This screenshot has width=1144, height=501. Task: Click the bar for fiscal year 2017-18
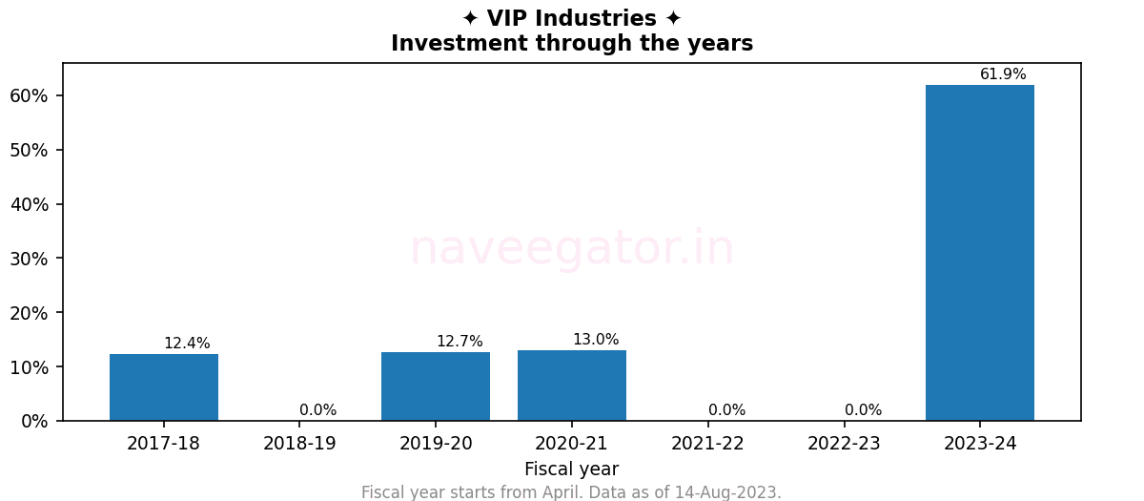tap(164, 387)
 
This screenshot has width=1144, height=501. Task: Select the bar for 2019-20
tap(436, 386)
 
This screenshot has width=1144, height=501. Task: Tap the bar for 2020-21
tap(572, 386)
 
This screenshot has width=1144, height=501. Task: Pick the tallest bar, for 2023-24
tap(980, 253)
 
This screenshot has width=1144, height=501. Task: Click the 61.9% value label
tap(1003, 74)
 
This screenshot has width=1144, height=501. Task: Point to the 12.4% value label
tap(187, 344)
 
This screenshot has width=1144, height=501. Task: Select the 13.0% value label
tap(596, 340)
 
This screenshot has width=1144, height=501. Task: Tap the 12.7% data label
tap(460, 342)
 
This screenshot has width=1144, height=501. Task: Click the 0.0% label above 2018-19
tap(317, 410)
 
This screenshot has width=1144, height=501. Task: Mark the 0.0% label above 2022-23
tap(863, 410)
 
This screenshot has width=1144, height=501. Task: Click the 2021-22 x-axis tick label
tap(707, 444)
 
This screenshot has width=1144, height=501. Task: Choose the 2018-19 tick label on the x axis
tap(299, 444)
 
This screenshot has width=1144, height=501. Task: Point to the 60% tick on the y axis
tap(29, 95)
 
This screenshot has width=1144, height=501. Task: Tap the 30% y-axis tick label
tap(29, 259)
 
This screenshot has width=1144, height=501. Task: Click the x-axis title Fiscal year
tap(571, 470)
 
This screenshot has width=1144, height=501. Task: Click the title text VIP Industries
tap(571, 19)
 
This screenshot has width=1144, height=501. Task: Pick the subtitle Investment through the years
tap(571, 44)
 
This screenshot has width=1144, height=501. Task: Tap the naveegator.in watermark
tap(571, 249)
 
